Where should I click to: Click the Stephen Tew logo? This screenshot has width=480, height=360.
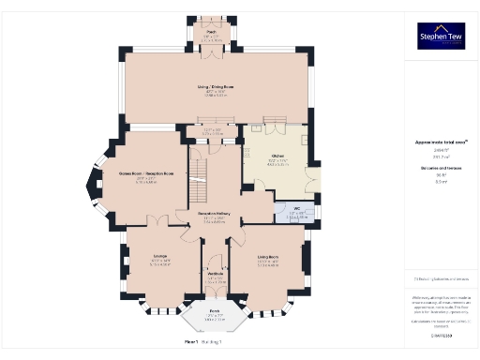(441, 37)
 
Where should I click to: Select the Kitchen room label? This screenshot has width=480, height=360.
(277, 156)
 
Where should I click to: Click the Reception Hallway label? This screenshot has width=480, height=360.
(215, 215)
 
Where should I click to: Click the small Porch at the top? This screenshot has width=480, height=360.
(211, 35)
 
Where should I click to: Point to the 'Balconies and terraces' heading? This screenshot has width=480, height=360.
(441, 168)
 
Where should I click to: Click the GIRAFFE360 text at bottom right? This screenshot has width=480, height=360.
(441, 335)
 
